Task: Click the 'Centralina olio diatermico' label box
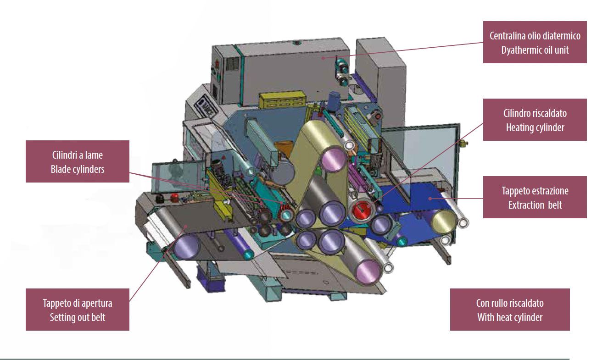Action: tap(535, 42)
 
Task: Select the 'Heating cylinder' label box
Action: tap(535, 120)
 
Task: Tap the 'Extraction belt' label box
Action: tap(535, 197)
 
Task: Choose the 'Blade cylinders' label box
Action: tap(78, 161)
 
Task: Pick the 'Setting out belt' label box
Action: tap(78, 310)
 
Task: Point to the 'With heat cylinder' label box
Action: tap(510, 310)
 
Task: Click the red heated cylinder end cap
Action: tap(363, 210)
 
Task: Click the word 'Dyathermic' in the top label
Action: tap(517, 50)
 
